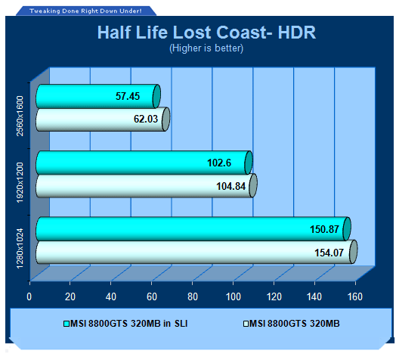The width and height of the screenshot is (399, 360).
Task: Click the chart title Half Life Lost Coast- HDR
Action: coord(206,33)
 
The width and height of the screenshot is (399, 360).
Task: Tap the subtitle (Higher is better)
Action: coord(206,48)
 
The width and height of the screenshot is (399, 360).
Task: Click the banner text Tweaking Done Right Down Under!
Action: coord(85,11)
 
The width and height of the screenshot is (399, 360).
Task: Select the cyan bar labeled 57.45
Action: coord(98,96)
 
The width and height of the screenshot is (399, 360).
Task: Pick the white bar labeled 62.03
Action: coord(103,119)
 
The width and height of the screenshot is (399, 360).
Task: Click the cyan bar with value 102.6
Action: coord(144,163)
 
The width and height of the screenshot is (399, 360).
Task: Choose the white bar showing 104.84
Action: coord(147,185)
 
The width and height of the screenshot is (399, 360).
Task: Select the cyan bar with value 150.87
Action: coord(193,229)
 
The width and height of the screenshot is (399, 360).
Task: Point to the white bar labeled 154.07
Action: coord(196,252)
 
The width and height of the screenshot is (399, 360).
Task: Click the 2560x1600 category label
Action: coord(20,116)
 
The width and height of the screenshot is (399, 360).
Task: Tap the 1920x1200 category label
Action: coord(20,182)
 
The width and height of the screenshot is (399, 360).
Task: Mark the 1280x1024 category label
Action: coord(20,249)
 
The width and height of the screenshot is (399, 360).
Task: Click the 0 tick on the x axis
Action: coord(29,297)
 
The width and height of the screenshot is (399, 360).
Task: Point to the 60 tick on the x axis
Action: coord(152,297)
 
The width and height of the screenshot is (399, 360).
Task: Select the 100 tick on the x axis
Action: coord(234,297)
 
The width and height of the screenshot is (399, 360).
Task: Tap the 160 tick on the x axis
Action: coord(355,297)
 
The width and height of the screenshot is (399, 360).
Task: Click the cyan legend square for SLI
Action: coord(66,324)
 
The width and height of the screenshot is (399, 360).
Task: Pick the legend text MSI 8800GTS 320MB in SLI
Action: coord(128,324)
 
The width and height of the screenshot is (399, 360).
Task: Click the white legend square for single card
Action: coord(246,324)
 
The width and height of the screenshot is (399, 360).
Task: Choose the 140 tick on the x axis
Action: coord(314,297)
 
